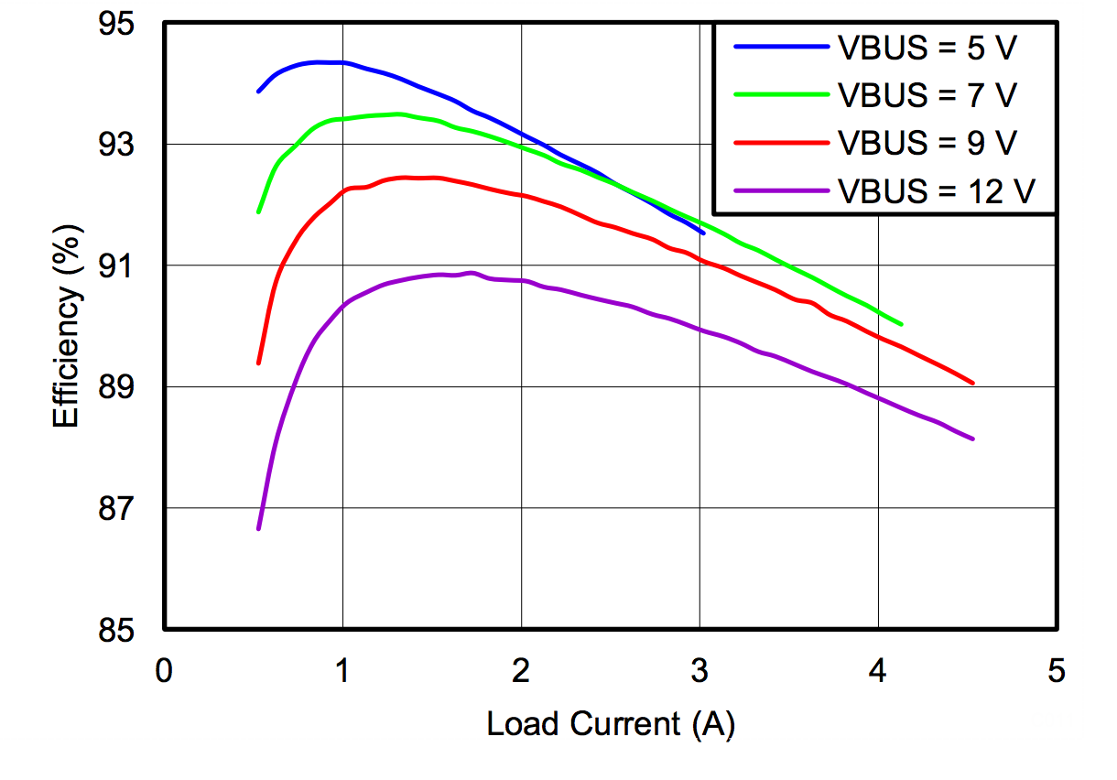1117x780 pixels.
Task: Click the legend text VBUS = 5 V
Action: coord(927,47)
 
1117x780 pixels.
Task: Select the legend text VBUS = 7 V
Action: coord(927,94)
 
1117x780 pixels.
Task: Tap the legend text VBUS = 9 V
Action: coord(927,142)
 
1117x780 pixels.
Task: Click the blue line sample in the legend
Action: coord(781,46)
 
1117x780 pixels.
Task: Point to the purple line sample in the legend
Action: coord(781,190)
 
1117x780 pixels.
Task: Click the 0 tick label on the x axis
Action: coord(164,671)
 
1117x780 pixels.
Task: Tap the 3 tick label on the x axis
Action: coord(700,671)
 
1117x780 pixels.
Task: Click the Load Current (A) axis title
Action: coord(611,724)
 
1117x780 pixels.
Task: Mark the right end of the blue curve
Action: coord(702,233)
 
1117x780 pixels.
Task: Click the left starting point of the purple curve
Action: coord(259,528)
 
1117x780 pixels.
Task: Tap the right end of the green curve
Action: coord(901,323)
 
